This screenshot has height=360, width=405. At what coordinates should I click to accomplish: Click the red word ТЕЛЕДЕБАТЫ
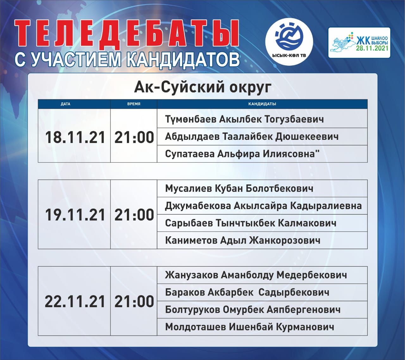pos(127,34)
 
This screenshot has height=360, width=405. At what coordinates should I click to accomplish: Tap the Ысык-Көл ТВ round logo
pos(289,42)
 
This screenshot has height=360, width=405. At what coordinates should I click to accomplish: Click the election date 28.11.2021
pos(372,48)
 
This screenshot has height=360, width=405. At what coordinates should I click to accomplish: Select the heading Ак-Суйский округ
pos(202,87)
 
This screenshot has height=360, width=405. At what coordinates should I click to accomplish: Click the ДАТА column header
pos(65,104)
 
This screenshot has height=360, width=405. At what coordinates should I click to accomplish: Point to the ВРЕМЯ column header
pos(134,104)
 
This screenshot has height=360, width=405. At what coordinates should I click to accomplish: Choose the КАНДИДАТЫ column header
pos(262,104)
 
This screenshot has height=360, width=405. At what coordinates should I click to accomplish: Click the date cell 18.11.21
pos(75,137)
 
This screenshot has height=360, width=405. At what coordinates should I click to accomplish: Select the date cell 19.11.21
pos(75,215)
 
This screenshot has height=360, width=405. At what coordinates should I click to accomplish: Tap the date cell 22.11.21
pos(75,301)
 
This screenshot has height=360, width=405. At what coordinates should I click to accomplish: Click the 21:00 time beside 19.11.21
pos(134,215)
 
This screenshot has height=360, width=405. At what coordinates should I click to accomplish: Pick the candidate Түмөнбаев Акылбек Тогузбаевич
pos(244,119)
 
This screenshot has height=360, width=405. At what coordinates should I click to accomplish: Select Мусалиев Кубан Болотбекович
pos(239,189)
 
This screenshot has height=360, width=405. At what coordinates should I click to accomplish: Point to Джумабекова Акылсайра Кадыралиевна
pos(263,206)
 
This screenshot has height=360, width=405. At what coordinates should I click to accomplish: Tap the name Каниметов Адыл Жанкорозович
pos(243,240)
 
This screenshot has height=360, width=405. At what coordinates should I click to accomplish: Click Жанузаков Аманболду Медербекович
pos(256,275)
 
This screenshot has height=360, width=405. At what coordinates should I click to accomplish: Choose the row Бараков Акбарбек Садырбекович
pos(247,293)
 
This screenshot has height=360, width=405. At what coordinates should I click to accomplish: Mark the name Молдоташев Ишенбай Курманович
pos(249,327)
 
